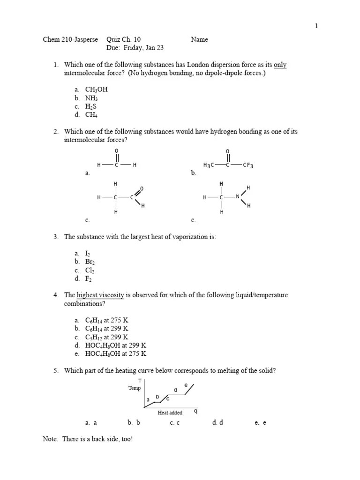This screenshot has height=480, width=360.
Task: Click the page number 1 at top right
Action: tap(316, 26)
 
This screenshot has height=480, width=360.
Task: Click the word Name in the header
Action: tap(199, 40)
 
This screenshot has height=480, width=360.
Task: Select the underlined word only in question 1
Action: tap(280, 65)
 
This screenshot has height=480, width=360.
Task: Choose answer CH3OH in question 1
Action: tap(96, 90)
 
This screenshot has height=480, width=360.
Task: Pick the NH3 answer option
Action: tap(91, 98)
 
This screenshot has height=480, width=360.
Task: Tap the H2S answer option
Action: tap(91, 106)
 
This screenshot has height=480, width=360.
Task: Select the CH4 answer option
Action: tap(91, 115)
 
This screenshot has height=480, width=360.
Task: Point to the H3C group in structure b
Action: tap(209, 165)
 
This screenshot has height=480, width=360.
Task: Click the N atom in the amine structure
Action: tap(238, 197)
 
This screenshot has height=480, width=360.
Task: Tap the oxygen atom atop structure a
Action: tap(116, 150)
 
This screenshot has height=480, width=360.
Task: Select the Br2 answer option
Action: tap(90, 262)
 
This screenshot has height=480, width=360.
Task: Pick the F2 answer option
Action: tap(89, 279)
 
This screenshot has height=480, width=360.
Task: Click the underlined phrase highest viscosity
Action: tap(100, 295)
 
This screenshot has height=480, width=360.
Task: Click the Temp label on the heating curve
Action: tap(134, 388)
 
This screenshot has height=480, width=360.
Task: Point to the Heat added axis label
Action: tap(170, 413)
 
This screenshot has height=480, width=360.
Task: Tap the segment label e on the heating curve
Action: tap(186, 385)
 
